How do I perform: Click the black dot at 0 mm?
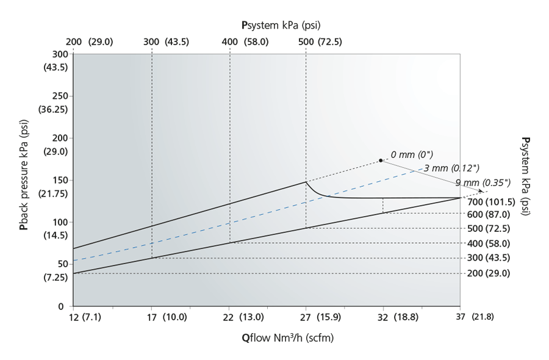coord(381,160)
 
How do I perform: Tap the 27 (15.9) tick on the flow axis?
coord(306,306)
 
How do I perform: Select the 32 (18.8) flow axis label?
coord(396,317)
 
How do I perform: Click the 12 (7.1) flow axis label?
coord(85,317)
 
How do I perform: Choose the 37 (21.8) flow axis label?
coord(473,317)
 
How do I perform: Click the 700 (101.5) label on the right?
coord(491,200)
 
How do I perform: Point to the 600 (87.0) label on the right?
coord(489,214)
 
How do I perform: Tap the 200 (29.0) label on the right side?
coord(489,273)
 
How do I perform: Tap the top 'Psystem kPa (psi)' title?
coord(281,25)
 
